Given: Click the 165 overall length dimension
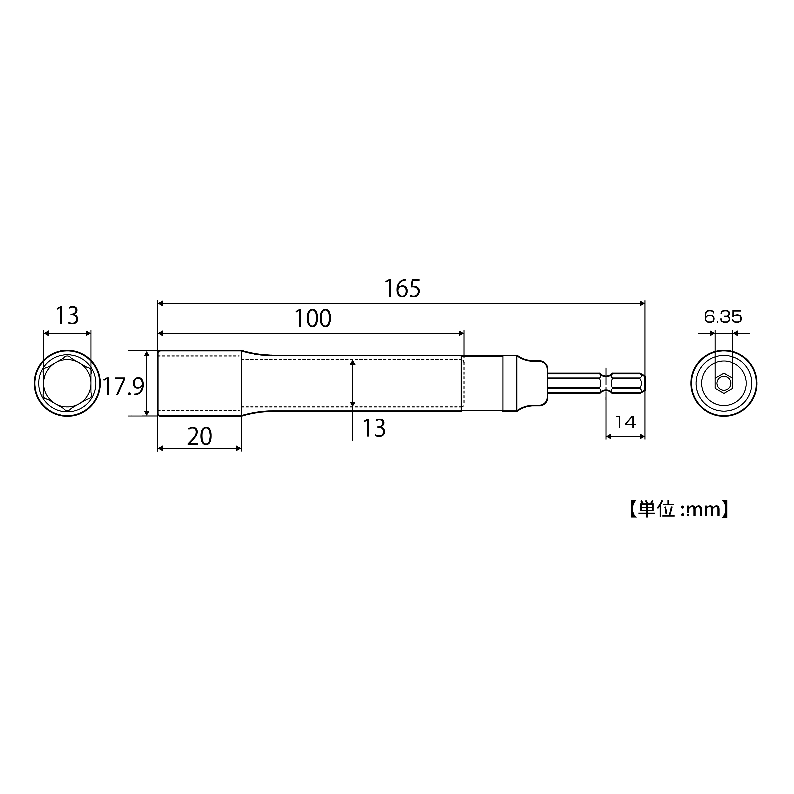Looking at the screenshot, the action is (x=402, y=288).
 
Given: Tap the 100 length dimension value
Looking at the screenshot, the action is (x=313, y=319).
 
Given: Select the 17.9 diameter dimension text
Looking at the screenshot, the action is (x=123, y=387).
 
